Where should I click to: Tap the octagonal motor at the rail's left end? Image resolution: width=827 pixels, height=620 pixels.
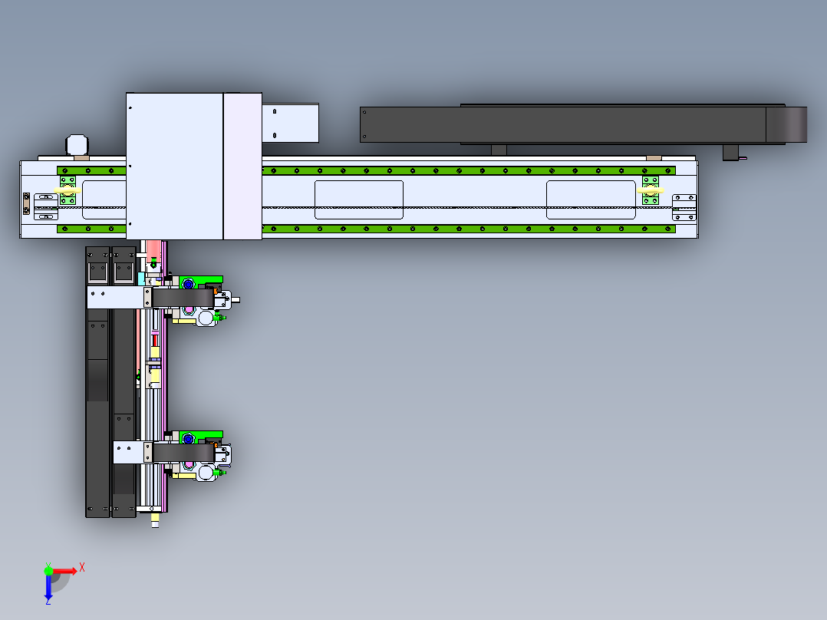(x=77, y=145)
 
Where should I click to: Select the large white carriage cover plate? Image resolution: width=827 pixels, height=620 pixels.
(x=174, y=166)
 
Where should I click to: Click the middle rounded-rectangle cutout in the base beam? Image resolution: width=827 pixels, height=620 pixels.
(x=359, y=200)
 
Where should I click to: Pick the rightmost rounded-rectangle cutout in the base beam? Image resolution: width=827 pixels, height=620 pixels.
(x=591, y=200)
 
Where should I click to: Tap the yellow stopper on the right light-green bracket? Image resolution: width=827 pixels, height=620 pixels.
(x=651, y=190)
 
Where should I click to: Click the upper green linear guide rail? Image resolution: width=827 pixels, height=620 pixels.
(x=468, y=170)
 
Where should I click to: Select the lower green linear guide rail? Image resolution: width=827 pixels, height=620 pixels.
(x=468, y=228)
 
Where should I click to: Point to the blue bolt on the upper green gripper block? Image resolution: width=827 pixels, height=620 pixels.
(x=188, y=284)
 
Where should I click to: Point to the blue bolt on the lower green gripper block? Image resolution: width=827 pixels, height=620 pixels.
(x=188, y=438)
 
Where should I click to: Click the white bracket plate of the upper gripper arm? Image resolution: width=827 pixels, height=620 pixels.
(x=115, y=298)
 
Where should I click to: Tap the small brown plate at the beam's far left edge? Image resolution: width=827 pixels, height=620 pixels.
(x=26, y=203)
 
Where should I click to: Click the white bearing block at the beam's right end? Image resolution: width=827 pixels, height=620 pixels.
(x=684, y=207)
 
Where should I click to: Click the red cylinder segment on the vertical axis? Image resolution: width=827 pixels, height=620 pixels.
(x=154, y=338)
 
